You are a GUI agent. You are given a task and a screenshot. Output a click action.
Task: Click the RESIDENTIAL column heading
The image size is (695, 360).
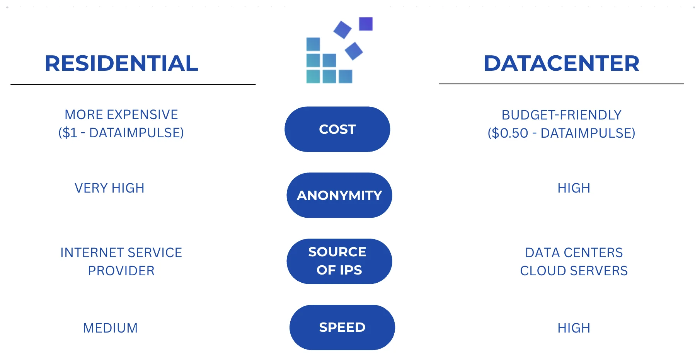click(x=121, y=63)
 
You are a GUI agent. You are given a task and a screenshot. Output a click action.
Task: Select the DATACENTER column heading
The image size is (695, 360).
click(x=561, y=63)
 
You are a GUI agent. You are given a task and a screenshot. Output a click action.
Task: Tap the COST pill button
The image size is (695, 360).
click(x=337, y=129)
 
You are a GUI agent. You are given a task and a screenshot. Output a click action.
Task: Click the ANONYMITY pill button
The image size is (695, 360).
click(x=339, y=195)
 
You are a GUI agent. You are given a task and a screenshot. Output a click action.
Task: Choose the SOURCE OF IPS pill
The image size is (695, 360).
click(x=339, y=261)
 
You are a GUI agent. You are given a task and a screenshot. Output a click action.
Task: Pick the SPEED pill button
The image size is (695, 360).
click(x=342, y=328)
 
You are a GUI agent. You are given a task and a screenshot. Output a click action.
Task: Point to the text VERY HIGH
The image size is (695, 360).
click(x=109, y=188)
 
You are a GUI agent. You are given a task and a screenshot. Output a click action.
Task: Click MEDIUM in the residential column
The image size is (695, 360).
click(x=110, y=328)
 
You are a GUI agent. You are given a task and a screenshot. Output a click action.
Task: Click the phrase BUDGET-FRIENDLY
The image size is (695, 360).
click(x=561, y=115)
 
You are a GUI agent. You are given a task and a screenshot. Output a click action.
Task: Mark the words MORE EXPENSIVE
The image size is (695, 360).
click(x=121, y=115)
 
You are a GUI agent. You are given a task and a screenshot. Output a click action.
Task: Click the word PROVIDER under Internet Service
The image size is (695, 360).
click(x=121, y=271)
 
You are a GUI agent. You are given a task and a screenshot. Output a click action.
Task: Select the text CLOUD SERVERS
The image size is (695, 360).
click(x=574, y=271)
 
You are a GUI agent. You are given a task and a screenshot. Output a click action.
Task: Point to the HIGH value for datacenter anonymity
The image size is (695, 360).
click(x=574, y=188)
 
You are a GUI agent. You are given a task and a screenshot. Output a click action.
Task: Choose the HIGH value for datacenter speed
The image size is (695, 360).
click(x=574, y=328)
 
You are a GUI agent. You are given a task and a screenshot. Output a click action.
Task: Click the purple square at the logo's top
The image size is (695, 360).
click(x=366, y=24)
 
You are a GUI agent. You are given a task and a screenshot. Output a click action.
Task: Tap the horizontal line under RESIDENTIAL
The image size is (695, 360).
click(x=133, y=84)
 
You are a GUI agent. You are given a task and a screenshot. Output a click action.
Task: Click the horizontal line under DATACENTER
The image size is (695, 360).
click(x=561, y=84)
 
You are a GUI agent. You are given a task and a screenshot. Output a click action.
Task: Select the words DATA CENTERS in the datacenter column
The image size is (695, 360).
click(x=574, y=253)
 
